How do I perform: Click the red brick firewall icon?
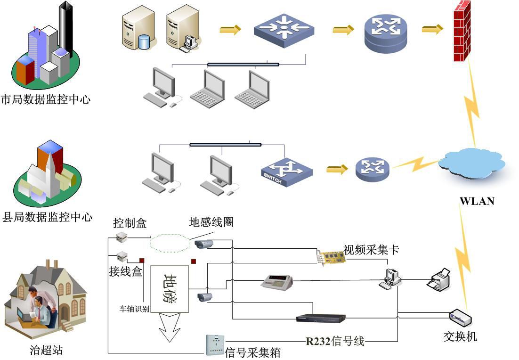point(462,32)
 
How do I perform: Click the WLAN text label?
point(477,201)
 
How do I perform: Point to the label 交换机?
point(460,336)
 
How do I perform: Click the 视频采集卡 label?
point(371,250)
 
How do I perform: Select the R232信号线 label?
point(335,341)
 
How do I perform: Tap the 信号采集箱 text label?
point(253,352)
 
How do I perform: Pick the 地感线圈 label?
point(211,221)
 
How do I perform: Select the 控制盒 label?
point(130,223)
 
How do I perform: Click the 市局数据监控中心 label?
point(46,99)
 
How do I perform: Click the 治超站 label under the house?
point(46,350)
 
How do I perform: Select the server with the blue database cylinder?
point(138,28)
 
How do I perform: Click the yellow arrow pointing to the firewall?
point(432,30)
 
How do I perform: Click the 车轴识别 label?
point(134,309)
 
